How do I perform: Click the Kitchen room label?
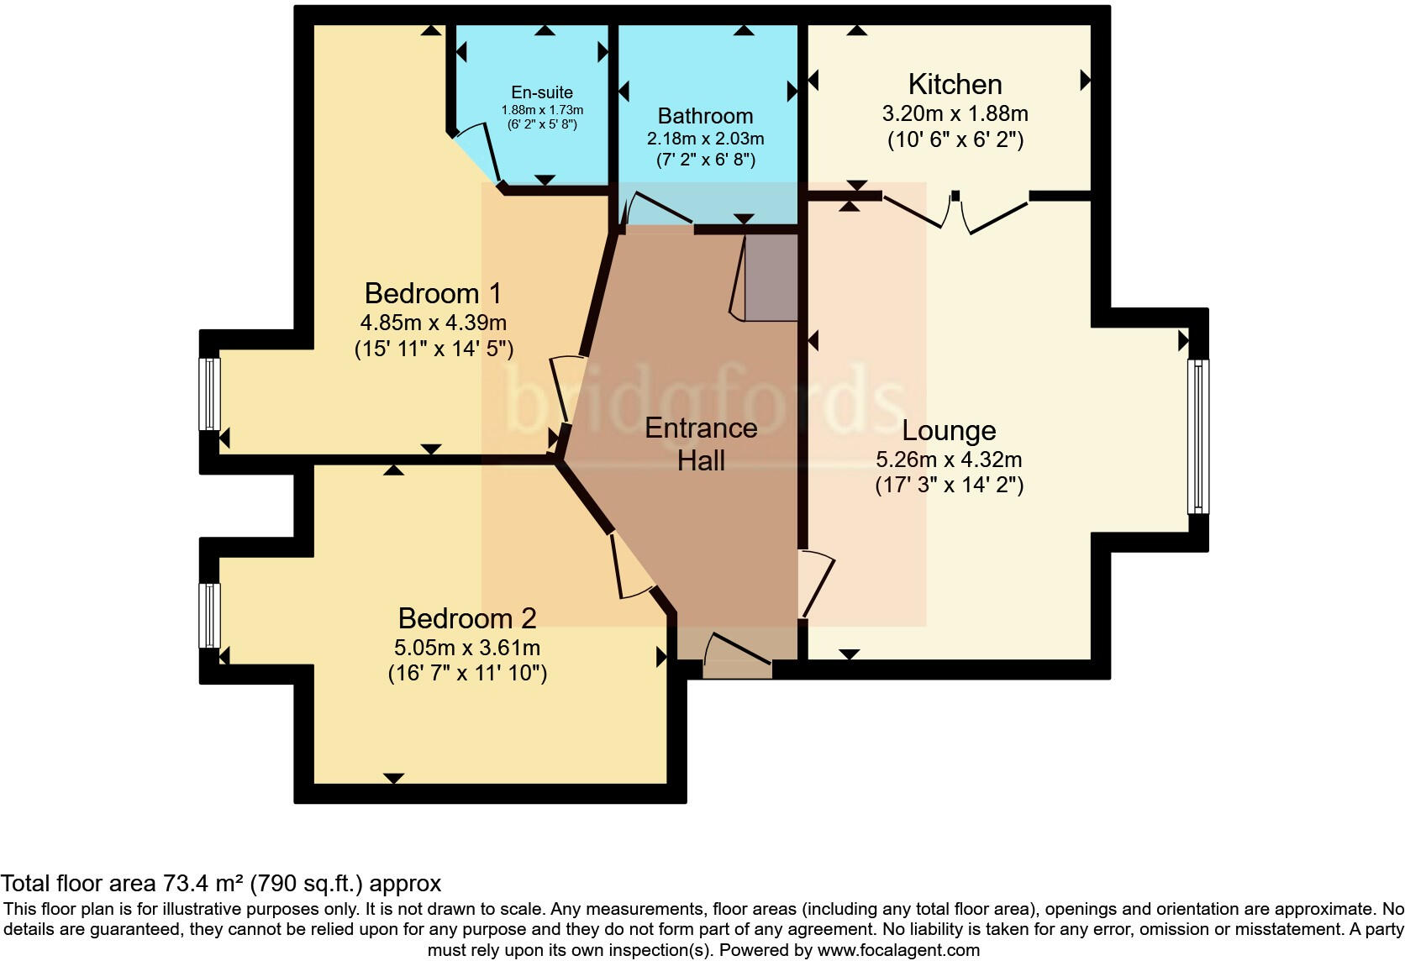point(955,85)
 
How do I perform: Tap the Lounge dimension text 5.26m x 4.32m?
point(949,459)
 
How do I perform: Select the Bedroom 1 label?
point(433,294)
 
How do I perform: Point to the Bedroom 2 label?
point(467,619)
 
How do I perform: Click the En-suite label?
point(542,93)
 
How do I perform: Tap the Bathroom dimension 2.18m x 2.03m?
point(705,139)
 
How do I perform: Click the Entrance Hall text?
point(701,444)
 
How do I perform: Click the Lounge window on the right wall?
point(1197,437)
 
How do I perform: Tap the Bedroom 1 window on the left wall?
point(209,394)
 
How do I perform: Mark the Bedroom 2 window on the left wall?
point(209,616)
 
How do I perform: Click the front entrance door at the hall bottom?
point(737,657)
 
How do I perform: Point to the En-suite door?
point(476,155)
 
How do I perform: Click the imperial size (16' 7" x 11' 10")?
point(467,674)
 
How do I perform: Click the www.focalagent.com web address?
point(898,951)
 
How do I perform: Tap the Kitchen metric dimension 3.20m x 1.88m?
point(955,113)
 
